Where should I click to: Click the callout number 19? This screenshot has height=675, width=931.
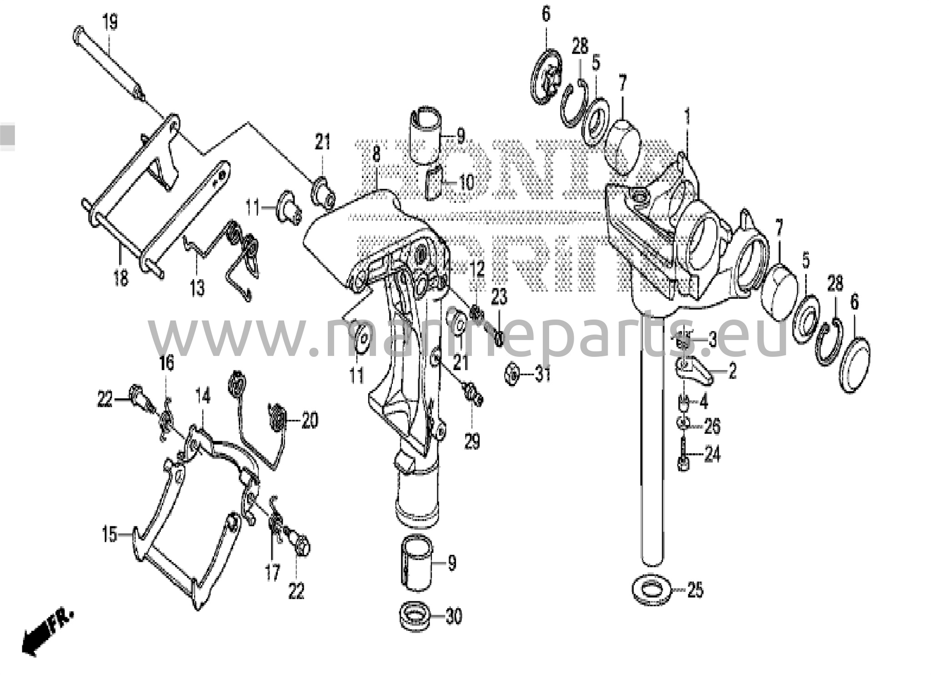pos(110,22)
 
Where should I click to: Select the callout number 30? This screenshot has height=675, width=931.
pos(453,616)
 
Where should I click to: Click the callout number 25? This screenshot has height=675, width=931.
pos(695,590)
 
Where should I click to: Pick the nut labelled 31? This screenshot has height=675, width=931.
pos(513,375)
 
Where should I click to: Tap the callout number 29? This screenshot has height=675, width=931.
pos(472,440)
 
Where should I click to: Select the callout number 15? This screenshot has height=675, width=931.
pos(110,535)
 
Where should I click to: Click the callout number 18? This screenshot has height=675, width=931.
pos(120,277)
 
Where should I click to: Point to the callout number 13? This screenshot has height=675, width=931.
pos(197,288)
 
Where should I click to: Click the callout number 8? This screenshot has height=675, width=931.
pos(376,154)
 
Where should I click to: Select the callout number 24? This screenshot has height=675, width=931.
pos(712,454)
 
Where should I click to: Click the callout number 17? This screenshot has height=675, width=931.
pos(272,573)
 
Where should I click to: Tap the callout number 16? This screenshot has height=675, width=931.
pos(166,364)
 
